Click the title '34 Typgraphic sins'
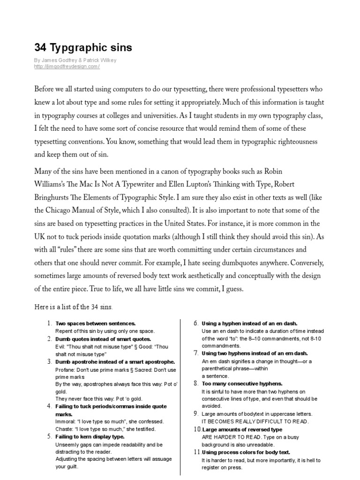83,48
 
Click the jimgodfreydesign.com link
67,67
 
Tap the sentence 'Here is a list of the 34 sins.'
74,307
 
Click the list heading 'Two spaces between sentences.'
96,323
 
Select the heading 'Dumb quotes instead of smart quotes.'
103,338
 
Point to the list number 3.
49,361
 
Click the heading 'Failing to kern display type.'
90,436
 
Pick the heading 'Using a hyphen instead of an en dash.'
249,323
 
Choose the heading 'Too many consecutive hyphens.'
242,383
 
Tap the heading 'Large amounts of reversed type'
242,429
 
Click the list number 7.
197,353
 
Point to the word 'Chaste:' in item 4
64,429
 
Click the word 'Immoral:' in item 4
65,421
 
